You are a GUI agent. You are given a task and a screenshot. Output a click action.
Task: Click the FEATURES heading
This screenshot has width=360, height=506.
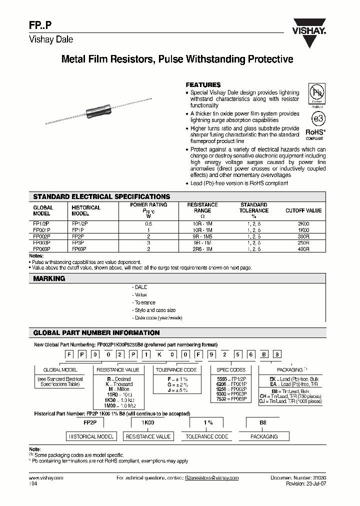pyautogui.click(x=203, y=85)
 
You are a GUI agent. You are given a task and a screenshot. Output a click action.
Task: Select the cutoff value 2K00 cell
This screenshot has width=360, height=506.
pyautogui.click(x=303, y=223)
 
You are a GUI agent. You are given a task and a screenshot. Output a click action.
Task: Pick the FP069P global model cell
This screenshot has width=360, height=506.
pyautogui.click(x=41, y=248)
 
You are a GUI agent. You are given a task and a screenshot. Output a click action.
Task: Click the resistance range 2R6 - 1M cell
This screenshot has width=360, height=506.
pyautogui.click(x=202, y=248)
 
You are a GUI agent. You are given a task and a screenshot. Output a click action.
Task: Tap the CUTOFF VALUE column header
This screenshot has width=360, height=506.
pyautogui.click(x=303, y=210)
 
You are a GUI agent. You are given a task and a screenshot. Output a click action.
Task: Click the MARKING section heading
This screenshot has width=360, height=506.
pyautogui.click(x=49, y=278)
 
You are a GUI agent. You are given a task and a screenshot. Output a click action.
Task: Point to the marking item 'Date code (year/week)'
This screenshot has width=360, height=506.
pyautogui.click(x=158, y=318)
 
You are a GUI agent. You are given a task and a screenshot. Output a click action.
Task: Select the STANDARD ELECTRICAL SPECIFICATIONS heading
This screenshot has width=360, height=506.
pyautogui.click(x=101, y=196)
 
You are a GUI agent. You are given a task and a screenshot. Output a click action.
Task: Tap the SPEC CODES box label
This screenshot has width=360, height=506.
pyautogui.click(x=231, y=370)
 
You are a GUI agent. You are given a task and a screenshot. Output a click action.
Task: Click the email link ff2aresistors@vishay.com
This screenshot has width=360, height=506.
pyautogui.click(x=211, y=478)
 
